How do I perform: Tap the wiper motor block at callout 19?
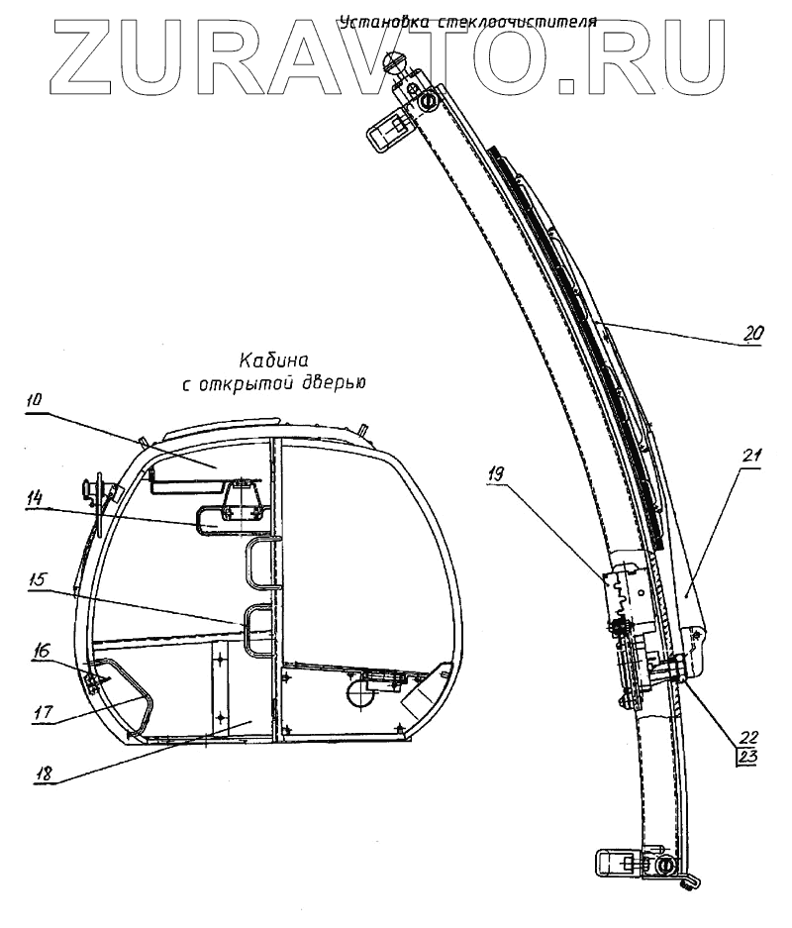624,594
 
